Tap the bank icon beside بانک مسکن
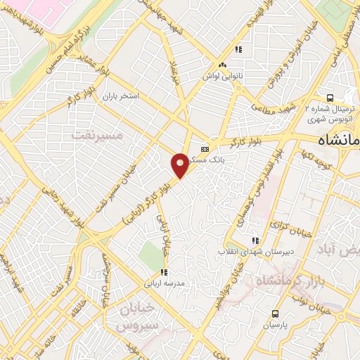point(205,149)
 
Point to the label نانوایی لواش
point(223,74)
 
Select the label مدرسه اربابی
point(163,284)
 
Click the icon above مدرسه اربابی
point(163,272)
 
